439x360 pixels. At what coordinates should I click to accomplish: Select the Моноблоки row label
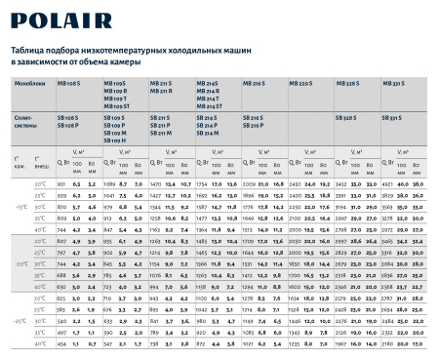[26, 85]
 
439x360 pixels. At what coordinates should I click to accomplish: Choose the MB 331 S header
[392, 85]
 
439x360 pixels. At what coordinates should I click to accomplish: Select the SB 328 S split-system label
[348, 117]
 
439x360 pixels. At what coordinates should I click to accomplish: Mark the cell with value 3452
[342, 183]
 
